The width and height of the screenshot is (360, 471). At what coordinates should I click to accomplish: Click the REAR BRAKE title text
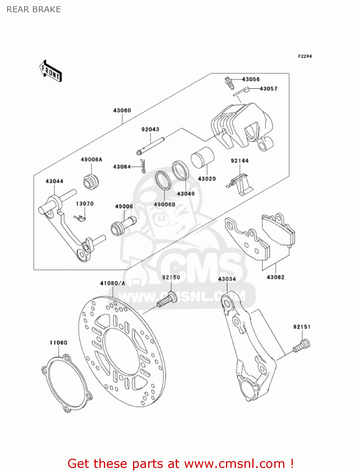click(x=34, y=9)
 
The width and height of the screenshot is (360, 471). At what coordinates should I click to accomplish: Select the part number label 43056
click(x=250, y=79)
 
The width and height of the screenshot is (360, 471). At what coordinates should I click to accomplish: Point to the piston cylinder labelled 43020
click(x=202, y=157)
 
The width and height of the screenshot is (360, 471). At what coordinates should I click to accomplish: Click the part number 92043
click(x=150, y=129)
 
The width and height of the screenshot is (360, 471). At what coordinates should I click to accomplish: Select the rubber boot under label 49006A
click(x=91, y=181)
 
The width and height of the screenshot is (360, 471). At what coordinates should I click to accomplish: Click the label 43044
click(x=54, y=181)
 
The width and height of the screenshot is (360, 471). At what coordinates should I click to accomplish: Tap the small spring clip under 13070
click(x=80, y=218)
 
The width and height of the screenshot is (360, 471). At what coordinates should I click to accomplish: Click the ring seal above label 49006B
click(x=163, y=181)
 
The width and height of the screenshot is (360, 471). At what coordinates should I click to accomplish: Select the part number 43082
click(x=275, y=277)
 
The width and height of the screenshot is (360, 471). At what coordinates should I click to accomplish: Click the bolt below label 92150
click(x=167, y=300)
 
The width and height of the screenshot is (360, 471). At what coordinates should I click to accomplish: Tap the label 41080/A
click(x=112, y=283)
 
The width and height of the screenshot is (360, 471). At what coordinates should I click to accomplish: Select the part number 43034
click(x=227, y=279)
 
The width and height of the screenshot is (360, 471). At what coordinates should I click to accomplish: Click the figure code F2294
click(x=305, y=56)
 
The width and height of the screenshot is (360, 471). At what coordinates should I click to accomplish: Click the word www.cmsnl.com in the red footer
click(x=234, y=463)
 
